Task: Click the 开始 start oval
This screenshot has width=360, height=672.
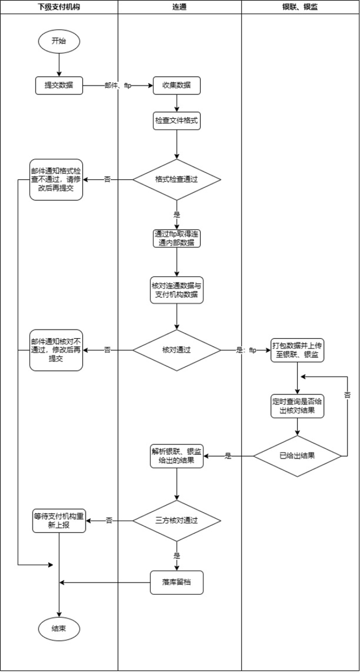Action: click(59, 41)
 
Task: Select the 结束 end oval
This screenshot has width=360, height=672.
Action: click(59, 628)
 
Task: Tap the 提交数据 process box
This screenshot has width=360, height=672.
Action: click(59, 85)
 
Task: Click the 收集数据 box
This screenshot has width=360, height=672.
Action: click(176, 85)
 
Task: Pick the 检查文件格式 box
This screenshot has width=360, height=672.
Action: click(176, 121)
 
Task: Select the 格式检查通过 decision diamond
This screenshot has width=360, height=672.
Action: click(176, 179)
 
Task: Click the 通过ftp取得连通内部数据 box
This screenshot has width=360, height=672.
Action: click(176, 238)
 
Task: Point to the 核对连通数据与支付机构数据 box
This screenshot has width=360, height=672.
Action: click(176, 290)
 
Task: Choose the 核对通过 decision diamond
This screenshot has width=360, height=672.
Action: click(176, 350)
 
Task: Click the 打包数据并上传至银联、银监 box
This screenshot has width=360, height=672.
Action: click(297, 350)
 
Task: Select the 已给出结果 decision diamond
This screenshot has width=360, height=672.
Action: click(297, 456)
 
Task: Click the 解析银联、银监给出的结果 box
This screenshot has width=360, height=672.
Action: click(176, 456)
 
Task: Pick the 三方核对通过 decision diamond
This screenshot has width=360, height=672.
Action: click(176, 521)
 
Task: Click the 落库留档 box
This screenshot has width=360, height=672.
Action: click(176, 582)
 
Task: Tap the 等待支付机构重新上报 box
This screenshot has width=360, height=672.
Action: click(59, 521)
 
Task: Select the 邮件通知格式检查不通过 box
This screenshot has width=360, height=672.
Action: click(56, 179)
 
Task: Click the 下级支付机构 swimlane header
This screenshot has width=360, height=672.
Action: click(59, 7)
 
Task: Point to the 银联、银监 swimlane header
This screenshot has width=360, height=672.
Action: click(301, 7)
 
